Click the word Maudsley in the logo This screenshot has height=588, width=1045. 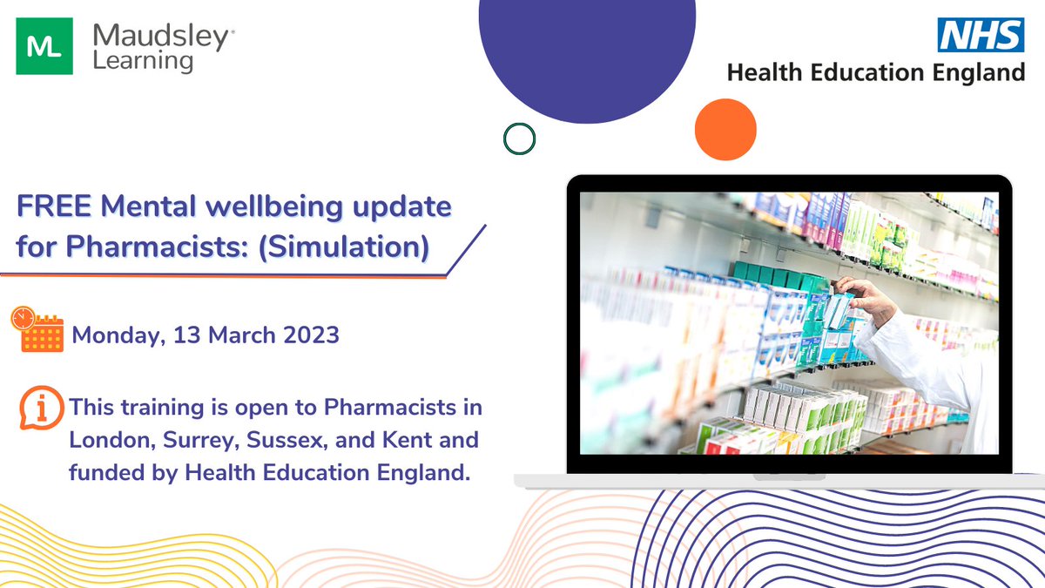click(x=163, y=37)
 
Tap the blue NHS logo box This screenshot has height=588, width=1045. click(x=981, y=37)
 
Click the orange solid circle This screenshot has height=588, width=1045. click(x=725, y=129)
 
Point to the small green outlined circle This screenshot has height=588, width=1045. click(x=519, y=138)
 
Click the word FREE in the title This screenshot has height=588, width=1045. click(x=55, y=208)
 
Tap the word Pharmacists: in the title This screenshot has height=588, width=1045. click(x=169, y=246)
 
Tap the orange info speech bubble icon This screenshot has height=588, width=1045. click(x=40, y=408)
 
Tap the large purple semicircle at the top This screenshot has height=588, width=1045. click(x=587, y=52)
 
